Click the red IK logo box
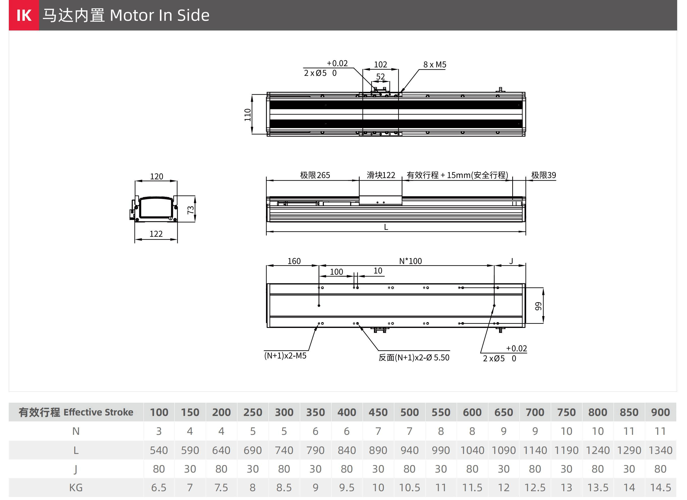tap(24, 15)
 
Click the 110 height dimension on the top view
tap(248, 115)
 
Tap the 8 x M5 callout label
tap(435, 64)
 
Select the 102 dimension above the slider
tap(381, 64)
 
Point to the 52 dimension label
tap(381, 76)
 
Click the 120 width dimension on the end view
tap(157, 176)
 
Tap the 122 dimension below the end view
tap(156, 234)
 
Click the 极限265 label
tap(315, 175)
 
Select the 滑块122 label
tap(381, 175)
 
